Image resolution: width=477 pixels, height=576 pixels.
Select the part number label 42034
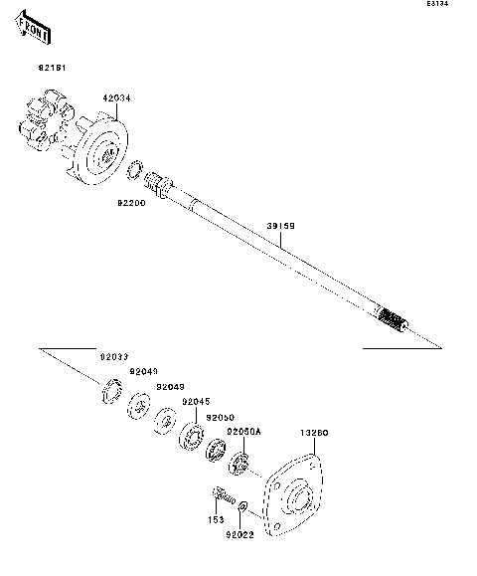(115, 97)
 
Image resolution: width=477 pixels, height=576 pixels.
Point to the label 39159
(280, 226)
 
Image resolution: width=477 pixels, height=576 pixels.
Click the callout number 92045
(195, 402)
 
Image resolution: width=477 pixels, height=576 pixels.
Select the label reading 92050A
(243, 431)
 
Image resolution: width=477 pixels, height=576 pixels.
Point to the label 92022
(239, 535)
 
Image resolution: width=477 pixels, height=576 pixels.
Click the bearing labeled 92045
(191, 437)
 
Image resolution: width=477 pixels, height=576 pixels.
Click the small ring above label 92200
(136, 169)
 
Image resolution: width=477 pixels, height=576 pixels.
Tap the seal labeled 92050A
(238, 464)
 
